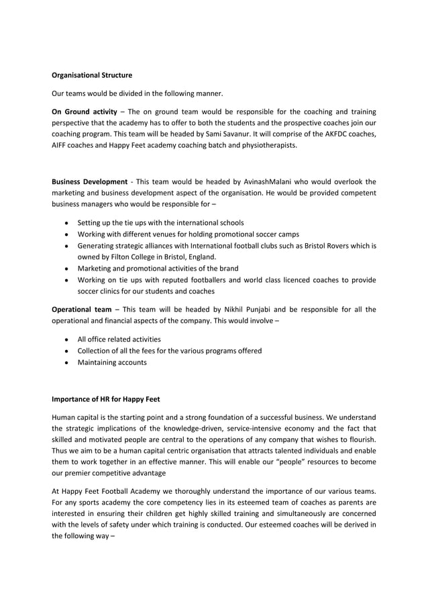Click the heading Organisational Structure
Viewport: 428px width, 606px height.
(x=92, y=75)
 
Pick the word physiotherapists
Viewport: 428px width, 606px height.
(x=267, y=145)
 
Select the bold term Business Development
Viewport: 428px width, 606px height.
(x=90, y=181)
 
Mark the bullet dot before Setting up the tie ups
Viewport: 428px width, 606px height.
(x=65, y=222)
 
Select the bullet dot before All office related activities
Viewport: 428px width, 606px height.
(x=65, y=339)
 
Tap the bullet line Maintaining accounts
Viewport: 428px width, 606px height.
(x=112, y=363)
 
